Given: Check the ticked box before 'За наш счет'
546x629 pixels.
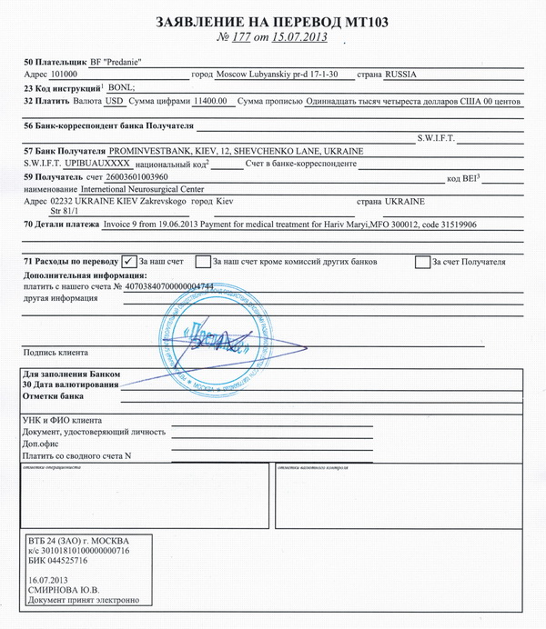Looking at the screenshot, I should [x=129, y=261].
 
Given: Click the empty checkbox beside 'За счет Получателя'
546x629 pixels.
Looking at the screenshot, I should [x=422, y=262].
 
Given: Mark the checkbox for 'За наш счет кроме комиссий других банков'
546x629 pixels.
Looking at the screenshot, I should [x=202, y=262].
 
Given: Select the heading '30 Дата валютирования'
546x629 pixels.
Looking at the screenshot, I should [x=70, y=385].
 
